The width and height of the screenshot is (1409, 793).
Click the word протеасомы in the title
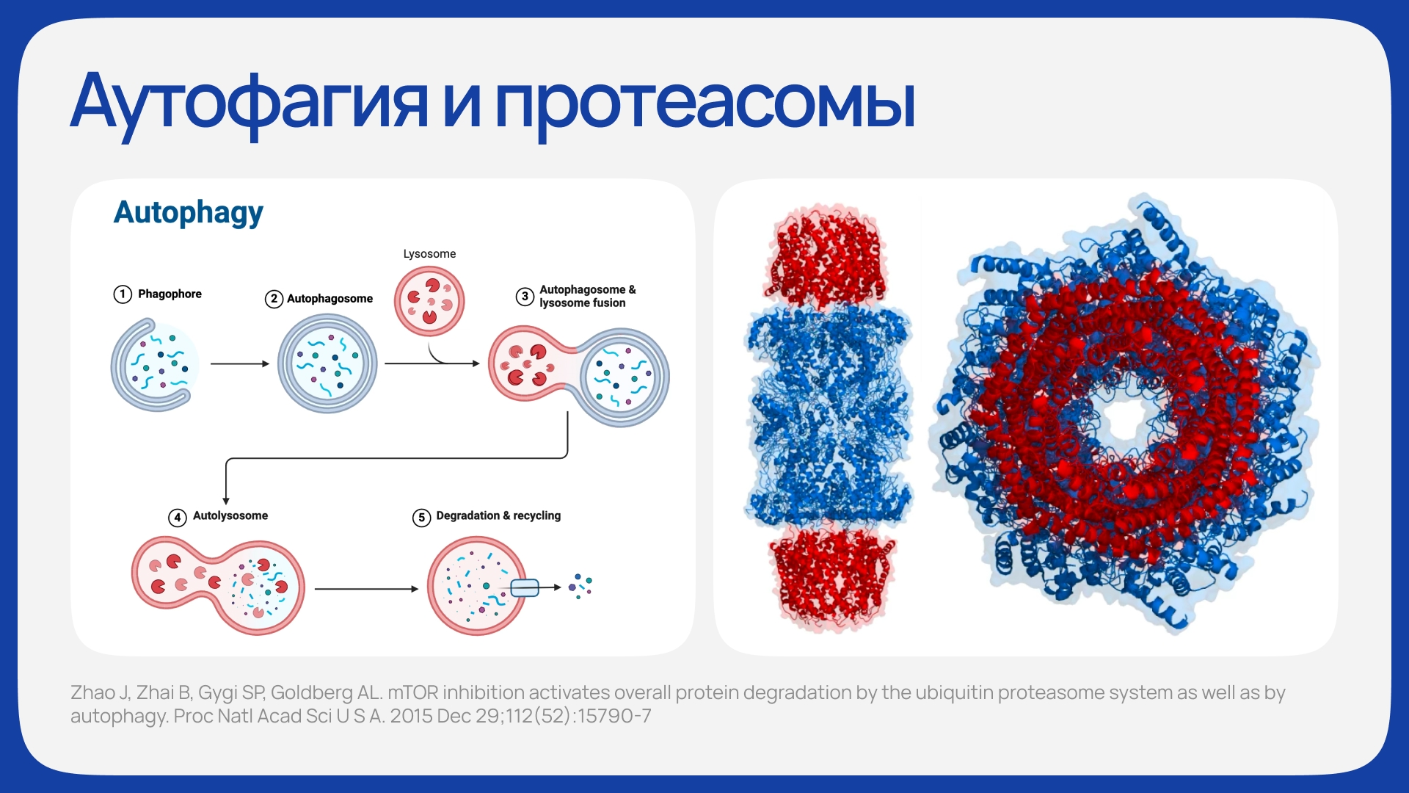point(705,104)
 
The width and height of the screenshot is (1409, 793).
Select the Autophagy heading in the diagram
point(189,213)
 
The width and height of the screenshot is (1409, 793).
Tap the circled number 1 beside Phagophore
point(123,294)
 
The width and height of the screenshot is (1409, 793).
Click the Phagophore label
point(170,294)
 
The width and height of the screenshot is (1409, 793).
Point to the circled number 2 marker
point(274,299)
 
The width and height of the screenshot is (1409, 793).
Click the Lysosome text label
point(429,254)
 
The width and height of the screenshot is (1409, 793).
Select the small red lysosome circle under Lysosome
point(429,301)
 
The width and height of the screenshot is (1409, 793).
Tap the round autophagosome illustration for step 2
point(327,363)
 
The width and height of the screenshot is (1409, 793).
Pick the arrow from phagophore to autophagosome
point(240,363)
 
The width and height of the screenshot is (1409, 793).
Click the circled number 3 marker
point(525,297)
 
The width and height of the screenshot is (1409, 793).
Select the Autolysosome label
point(230,515)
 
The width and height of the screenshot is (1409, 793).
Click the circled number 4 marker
point(177,518)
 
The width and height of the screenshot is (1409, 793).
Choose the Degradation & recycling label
point(498,515)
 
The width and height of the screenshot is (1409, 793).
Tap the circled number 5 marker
point(421,518)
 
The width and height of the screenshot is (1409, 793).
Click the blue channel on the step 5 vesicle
point(525,587)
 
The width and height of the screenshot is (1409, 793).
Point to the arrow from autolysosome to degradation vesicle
point(366,589)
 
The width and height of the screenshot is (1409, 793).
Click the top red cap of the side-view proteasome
point(827,257)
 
